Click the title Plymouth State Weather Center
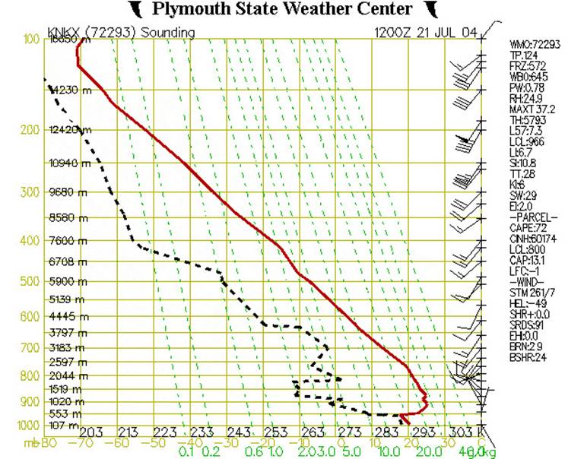pyautogui.click(x=282, y=9)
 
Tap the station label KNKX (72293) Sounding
pyautogui.click(x=121, y=33)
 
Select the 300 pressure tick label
pyautogui.click(x=28, y=192)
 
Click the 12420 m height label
pyautogui.click(x=68, y=130)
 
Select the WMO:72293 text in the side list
pyautogui.click(x=535, y=45)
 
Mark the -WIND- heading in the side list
pyautogui.click(x=526, y=281)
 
